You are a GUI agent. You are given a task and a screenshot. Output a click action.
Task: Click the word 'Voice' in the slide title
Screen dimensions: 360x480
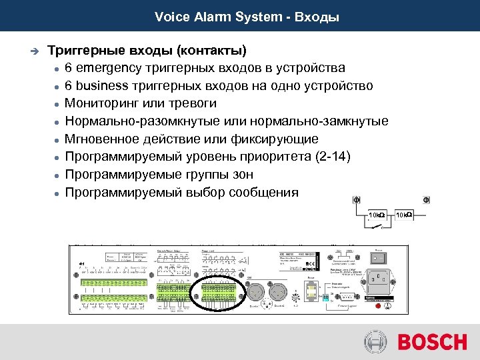point(169,17)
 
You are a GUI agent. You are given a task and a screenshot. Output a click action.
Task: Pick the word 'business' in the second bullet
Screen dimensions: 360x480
point(101,86)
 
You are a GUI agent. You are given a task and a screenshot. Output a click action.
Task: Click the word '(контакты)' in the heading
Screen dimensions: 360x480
point(213,51)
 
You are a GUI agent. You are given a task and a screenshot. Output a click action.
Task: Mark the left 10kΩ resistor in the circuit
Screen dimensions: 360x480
point(376,215)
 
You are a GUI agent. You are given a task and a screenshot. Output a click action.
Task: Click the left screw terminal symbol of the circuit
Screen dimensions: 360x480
point(356,199)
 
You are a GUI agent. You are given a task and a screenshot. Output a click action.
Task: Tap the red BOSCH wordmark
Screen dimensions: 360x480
point(432,342)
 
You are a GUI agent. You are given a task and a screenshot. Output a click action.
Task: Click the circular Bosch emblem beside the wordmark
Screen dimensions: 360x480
point(376,342)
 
